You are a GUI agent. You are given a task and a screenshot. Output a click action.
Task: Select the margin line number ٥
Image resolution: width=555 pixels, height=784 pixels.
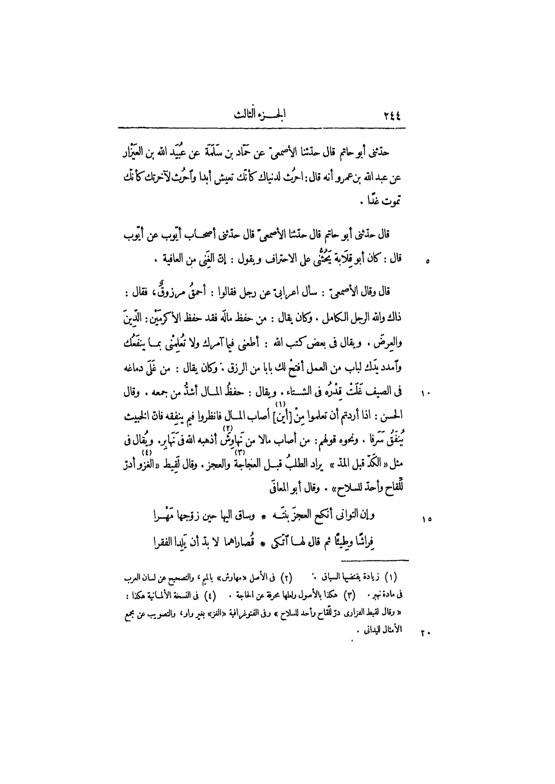[427, 262]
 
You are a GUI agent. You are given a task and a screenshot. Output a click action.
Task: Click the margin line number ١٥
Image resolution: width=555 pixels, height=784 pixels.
[427, 519]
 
